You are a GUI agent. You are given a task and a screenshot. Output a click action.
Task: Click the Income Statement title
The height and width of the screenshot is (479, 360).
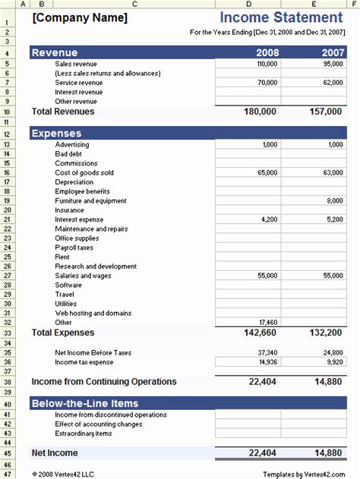coord(280,17)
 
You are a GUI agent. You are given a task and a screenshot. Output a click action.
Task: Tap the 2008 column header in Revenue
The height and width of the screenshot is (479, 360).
coord(268,52)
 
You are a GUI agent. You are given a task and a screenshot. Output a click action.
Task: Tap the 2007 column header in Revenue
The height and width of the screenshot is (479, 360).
coord(331,52)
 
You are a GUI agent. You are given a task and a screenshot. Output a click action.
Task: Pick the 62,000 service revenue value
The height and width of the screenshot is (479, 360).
coord(332,83)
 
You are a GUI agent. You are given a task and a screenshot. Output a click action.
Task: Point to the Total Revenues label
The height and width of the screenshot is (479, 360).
coord(63,112)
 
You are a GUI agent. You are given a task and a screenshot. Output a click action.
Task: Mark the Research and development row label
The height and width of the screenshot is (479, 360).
coord(91,266)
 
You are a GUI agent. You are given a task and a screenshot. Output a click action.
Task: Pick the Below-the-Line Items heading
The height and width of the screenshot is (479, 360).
coord(84,403)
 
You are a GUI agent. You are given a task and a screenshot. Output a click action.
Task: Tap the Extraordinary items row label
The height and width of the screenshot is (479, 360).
coord(84,433)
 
